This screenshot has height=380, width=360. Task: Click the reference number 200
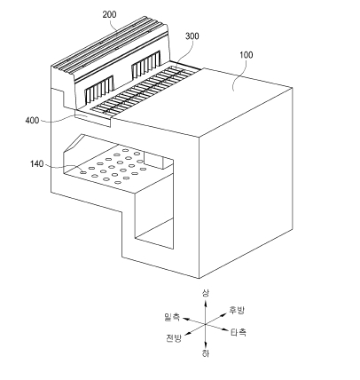(109, 14)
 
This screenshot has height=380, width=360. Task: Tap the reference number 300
(192, 36)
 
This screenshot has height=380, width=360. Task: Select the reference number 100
(247, 55)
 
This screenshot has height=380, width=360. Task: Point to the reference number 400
(32, 121)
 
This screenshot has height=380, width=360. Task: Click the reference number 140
(36, 163)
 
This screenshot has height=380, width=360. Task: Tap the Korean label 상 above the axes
(206, 293)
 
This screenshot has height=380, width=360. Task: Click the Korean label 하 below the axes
(206, 353)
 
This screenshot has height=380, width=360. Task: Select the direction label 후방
(237, 310)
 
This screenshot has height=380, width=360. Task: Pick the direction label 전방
(174, 337)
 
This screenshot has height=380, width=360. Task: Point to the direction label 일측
(172, 317)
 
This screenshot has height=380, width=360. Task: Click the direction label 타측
(239, 332)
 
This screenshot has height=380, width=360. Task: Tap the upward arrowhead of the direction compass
(206, 302)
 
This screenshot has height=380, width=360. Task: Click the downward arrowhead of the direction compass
(206, 344)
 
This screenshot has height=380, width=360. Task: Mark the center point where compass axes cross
(206, 324)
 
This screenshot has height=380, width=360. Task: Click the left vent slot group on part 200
(99, 90)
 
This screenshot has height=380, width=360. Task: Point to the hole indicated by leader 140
(83, 171)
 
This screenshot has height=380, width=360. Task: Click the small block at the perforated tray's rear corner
(153, 160)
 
